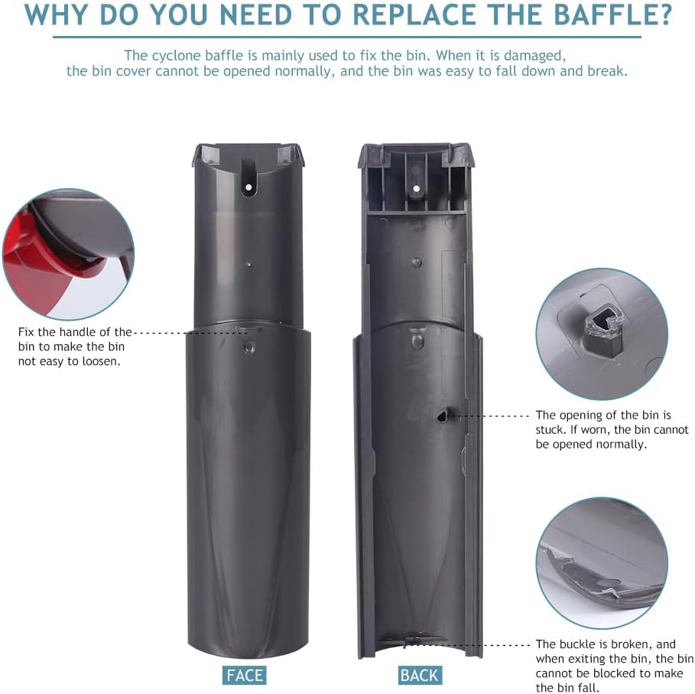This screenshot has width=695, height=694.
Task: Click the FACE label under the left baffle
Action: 244,675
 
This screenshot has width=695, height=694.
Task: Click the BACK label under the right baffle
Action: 419,675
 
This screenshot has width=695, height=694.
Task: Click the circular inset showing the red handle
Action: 69,255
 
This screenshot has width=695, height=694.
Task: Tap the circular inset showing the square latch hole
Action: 602,334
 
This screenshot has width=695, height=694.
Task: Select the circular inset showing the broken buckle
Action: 602,562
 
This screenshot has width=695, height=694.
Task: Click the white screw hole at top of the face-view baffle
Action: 248,187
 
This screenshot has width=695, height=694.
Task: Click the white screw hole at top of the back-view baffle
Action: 416,188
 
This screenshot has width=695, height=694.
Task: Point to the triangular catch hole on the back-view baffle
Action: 442,415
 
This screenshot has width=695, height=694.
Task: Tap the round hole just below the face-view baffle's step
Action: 249,347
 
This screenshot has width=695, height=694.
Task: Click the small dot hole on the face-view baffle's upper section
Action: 249,265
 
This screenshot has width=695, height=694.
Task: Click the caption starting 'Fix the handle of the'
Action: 75,347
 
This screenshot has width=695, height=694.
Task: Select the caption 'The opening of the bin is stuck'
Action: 612,430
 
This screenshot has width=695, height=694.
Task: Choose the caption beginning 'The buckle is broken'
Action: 614,666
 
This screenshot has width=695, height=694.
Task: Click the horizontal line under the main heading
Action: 347,37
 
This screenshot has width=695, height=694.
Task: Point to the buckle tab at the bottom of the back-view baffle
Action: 417,640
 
